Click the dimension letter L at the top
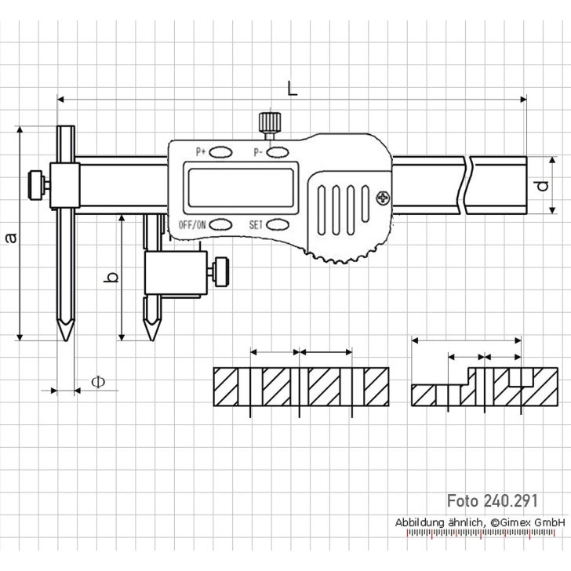[x=292, y=89]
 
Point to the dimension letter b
[x=112, y=277]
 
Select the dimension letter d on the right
[x=541, y=186]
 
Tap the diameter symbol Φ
[x=97, y=382]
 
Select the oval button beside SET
[x=278, y=224]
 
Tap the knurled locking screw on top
[x=269, y=123]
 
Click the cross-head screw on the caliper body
[x=383, y=197]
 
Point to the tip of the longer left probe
[x=66, y=339]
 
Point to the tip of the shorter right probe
[x=149, y=339]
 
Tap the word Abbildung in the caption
[x=420, y=522]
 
